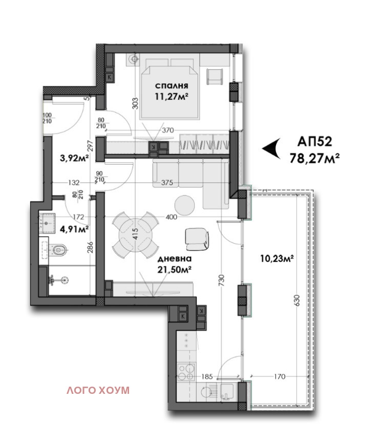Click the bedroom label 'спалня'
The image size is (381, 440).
click(172, 86)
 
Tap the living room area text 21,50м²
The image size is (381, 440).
click(174, 270)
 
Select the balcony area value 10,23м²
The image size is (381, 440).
click(277, 258)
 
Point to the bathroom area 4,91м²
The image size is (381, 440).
click(75, 229)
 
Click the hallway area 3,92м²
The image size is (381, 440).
click(75, 158)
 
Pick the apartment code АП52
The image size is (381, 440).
click(314, 142)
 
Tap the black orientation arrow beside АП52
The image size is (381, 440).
click(271, 148)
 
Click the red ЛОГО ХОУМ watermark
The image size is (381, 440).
click(98, 390)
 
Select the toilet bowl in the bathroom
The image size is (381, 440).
click(58, 249)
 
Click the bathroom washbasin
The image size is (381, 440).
click(47, 223)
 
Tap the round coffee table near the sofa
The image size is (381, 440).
click(184, 206)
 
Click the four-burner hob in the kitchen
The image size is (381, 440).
click(186, 371)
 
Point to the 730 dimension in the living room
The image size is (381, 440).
click(221, 280)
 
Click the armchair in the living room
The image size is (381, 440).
click(197, 239)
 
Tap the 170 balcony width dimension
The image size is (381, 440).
click(279, 376)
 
